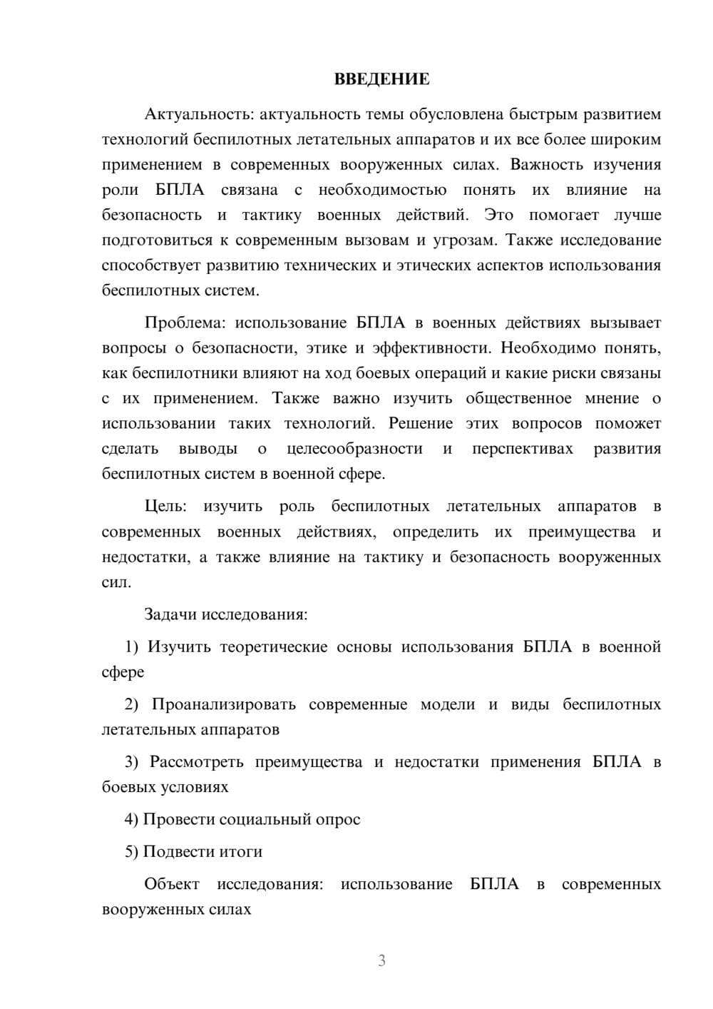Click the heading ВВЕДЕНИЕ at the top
pos(381,79)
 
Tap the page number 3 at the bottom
pos(381,960)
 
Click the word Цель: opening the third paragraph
pos(165,507)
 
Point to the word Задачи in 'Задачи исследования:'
pos(170,614)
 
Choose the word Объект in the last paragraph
pos(172,884)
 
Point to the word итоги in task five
pos(241,852)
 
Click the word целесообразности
pos(354,449)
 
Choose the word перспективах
pos(523,449)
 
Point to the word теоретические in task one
pos(272,647)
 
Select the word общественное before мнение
pos(518,398)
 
